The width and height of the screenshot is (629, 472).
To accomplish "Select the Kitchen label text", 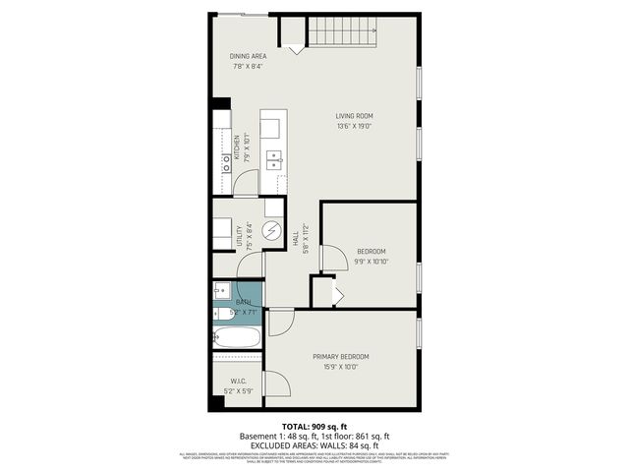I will pos(236,145).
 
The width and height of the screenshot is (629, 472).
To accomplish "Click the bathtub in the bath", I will pos(237,337).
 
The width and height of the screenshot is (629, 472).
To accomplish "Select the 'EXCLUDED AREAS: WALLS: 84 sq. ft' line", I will pos(314,443).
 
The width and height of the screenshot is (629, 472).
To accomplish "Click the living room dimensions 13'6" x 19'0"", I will pos(354,127).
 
